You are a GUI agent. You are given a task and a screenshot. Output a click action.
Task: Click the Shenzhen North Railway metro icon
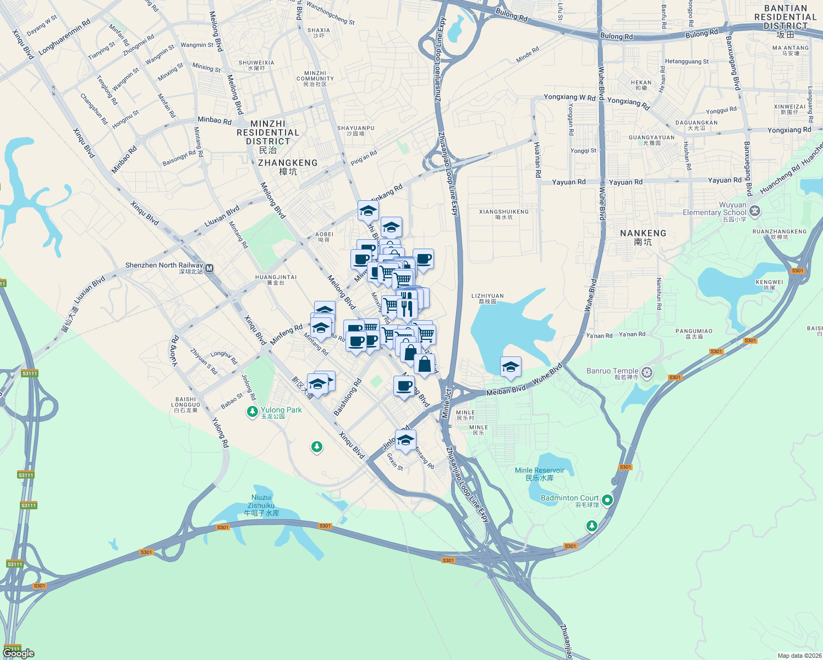pyautogui.click(x=209, y=268)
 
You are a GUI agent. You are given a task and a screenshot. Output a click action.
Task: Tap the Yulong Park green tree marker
pyautogui.click(x=253, y=411)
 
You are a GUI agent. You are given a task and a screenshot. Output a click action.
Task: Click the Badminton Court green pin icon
pyautogui.click(x=607, y=500)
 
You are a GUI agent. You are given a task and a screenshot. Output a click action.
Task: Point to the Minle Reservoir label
pyautogui.click(x=539, y=474)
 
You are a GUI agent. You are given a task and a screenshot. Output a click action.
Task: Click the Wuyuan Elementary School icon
pyautogui.click(x=755, y=211)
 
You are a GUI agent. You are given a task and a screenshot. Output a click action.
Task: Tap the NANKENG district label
pyautogui.click(x=643, y=237)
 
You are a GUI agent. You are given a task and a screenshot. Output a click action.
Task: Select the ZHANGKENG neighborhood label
pyautogui.click(x=288, y=167)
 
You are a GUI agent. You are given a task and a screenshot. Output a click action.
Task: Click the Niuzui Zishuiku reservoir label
pyautogui.click(x=261, y=505)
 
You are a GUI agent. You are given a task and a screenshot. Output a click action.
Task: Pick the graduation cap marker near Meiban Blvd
pyautogui.click(x=511, y=367)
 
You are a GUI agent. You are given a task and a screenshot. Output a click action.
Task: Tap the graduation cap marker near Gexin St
pyautogui.click(x=405, y=441)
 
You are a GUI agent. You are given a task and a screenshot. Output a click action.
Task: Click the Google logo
pyautogui.click(x=19, y=653)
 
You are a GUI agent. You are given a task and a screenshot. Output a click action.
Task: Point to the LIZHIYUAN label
pyautogui.click(x=487, y=298)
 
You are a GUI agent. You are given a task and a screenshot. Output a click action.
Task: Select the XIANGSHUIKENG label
pyautogui.click(x=503, y=214)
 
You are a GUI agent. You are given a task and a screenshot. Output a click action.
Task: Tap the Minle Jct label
pyautogui.click(x=448, y=403)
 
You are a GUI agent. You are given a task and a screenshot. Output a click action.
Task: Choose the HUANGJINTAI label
pyautogui.click(x=276, y=279)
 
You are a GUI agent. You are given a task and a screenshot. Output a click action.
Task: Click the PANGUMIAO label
pyautogui.click(x=694, y=334)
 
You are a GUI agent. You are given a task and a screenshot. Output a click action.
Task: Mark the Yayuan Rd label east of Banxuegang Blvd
pyautogui.click(x=725, y=180)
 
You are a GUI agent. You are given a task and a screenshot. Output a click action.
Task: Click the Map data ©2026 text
pyautogui.click(x=799, y=655)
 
